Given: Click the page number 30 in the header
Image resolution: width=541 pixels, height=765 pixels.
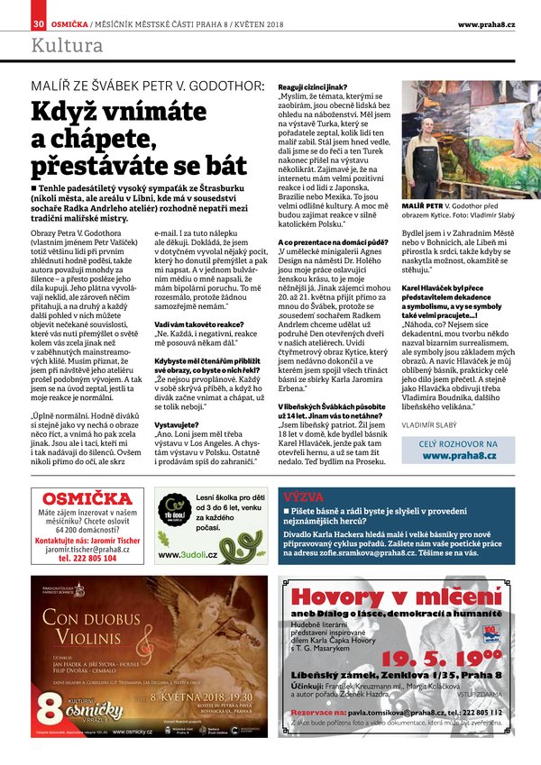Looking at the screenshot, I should click(39, 23).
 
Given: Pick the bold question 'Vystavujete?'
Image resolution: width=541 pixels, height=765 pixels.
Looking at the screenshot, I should click(179, 423).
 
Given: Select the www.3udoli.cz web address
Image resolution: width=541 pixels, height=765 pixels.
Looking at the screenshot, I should click(183, 555).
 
